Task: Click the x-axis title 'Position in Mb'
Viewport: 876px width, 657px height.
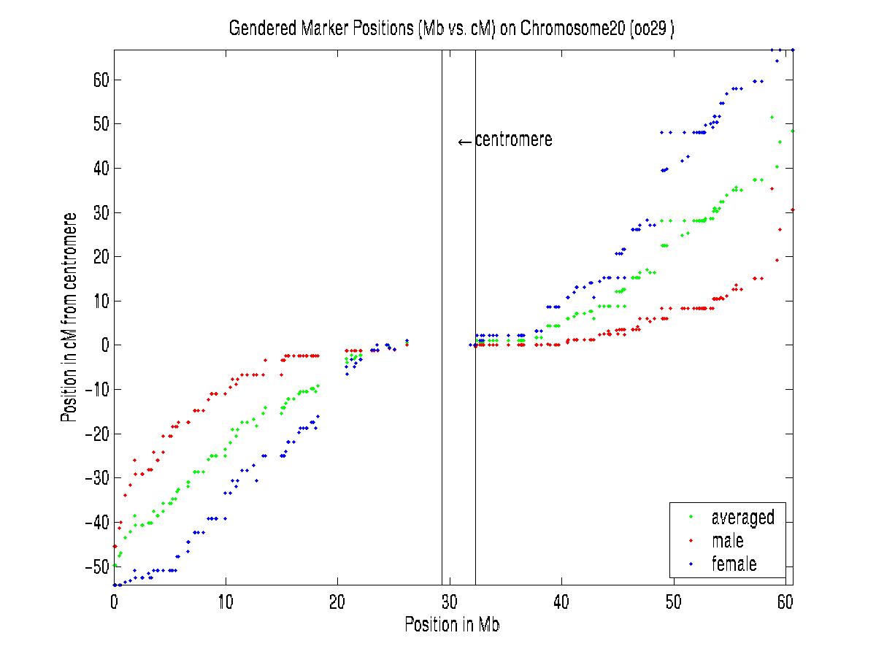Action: click(453, 625)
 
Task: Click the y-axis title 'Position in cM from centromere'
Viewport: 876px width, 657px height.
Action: click(71, 318)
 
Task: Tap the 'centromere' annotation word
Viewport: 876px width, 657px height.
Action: click(514, 140)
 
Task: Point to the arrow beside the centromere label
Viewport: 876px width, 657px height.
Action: click(465, 142)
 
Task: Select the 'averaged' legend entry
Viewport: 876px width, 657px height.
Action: click(742, 518)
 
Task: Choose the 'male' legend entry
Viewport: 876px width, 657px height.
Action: click(727, 541)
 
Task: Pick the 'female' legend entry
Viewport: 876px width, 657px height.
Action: click(734, 564)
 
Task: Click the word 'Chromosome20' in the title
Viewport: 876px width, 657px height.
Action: click(566, 28)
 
